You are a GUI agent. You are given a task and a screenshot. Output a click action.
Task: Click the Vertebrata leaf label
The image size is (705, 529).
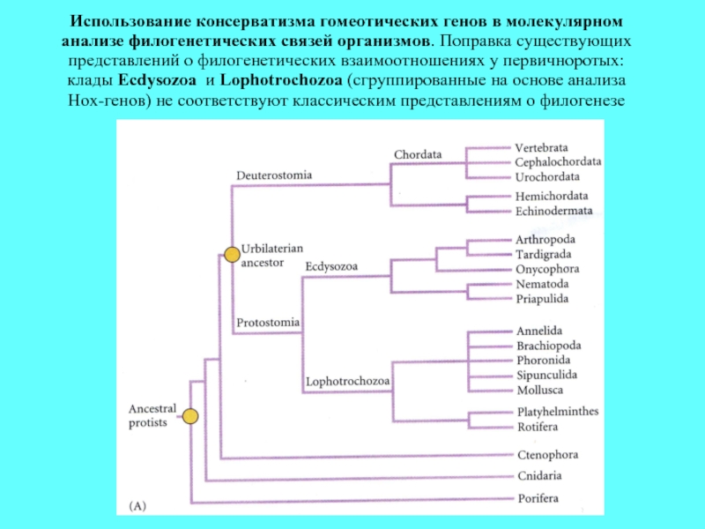(541, 147)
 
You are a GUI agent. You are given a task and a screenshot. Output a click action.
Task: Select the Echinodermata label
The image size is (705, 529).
(554, 211)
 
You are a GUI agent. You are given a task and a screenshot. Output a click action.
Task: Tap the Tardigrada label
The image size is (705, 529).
(544, 255)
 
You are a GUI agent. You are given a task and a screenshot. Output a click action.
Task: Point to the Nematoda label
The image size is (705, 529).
(542, 284)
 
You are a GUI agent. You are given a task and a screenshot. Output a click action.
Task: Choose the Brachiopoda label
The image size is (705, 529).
(548, 346)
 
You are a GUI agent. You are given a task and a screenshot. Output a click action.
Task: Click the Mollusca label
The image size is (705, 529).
(539, 390)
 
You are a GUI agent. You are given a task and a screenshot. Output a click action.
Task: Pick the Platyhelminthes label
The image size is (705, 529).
(558, 412)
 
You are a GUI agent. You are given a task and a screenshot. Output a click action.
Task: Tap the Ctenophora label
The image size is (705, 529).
(547, 455)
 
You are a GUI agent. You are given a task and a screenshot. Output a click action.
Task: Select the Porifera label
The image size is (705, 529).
(538, 498)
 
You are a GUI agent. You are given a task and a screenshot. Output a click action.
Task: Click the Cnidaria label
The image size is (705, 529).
(539, 476)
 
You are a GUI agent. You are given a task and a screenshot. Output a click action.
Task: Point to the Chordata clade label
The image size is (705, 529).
(418, 154)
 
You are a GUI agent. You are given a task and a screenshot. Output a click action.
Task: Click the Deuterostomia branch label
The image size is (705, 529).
(274, 175)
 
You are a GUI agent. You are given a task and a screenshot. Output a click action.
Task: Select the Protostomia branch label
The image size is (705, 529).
(268, 323)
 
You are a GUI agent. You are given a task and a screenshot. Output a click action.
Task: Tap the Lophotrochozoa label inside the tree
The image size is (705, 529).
(347, 382)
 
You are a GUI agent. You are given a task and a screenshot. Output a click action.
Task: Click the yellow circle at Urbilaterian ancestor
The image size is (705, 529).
(232, 255)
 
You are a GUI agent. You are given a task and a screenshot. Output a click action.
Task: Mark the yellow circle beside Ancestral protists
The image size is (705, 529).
(190, 416)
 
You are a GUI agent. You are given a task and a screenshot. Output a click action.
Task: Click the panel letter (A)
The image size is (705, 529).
(137, 505)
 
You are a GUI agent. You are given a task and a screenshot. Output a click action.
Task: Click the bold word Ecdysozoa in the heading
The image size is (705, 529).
(157, 80)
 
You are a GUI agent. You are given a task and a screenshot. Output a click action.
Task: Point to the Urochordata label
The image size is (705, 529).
(547, 177)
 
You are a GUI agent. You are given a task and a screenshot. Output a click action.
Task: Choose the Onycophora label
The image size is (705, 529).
(547, 270)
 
